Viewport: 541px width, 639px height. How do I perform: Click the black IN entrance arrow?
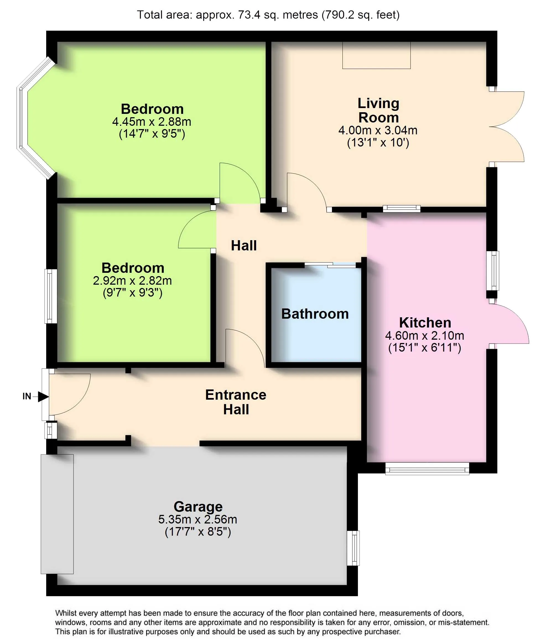(x=43, y=396)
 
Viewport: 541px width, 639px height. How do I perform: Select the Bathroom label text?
(x=315, y=314)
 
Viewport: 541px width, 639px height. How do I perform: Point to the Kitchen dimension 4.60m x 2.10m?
(x=425, y=336)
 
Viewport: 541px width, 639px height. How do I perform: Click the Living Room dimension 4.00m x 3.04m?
(x=378, y=130)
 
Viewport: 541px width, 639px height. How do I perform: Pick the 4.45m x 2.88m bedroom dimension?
(x=152, y=122)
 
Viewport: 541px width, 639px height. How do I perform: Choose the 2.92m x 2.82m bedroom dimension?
(x=132, y=281)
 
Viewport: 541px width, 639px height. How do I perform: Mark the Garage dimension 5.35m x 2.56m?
(x=197, y=519)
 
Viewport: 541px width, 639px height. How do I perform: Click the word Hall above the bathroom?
(x=244, y=245)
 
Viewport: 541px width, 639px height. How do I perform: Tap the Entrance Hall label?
(x=236, y=402)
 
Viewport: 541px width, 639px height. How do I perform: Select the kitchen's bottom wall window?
(x=427, y=468)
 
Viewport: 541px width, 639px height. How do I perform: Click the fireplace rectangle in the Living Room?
(x=376, y=55)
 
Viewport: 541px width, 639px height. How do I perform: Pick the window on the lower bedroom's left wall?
(x=51, y=296)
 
